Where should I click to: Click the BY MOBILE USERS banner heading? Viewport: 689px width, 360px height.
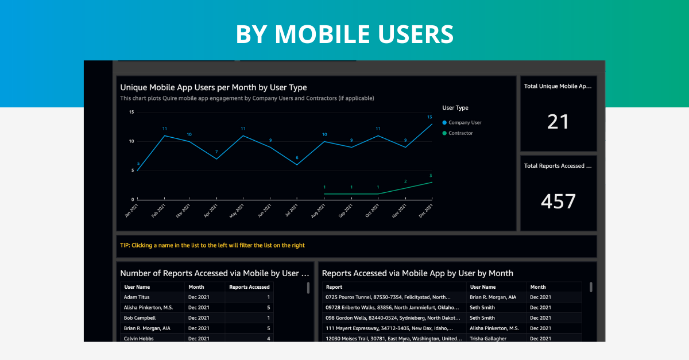click(344, 34)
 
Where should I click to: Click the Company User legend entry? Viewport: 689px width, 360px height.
click(465, 122)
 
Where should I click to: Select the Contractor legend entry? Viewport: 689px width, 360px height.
click(460, 133)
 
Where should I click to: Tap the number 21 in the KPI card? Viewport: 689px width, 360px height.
click(558, 122)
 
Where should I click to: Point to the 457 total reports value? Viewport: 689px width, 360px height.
click(558, 201)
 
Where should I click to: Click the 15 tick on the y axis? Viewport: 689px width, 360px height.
click(131, 112)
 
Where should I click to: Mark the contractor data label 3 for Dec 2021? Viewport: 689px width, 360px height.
click(431, 176)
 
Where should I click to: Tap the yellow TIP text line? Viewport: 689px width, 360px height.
click(212, 245)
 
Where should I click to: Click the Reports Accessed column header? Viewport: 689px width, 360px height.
click(249, 287)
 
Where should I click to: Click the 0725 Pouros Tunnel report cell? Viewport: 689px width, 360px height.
click(388, 297)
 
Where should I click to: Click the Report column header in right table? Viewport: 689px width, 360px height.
click(334, 287)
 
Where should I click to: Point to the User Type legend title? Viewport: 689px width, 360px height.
click(455, 107)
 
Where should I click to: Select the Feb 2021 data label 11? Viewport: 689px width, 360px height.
click(164, 129)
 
